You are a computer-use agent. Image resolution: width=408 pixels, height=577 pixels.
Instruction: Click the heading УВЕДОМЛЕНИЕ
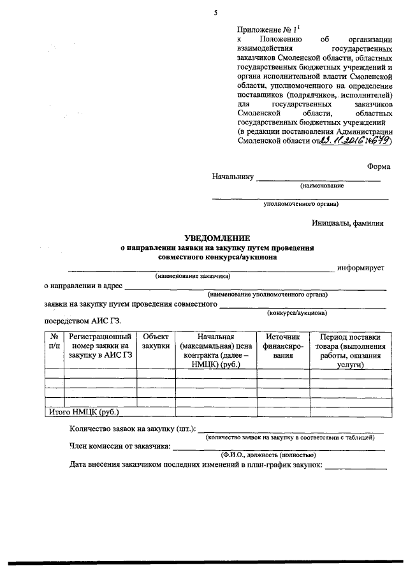click(218, 237)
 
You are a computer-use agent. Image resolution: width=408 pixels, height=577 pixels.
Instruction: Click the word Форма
click(379, 166)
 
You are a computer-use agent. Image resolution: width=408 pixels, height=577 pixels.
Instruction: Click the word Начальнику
click(233, 177)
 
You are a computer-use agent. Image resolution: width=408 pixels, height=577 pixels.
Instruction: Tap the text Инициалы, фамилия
click(348, 223)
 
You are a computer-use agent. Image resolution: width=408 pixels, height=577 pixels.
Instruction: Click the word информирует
click(361, 268)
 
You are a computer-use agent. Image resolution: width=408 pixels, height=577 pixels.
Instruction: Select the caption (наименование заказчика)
click(192, 277)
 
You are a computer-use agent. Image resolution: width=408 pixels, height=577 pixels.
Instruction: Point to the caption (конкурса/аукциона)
click(296, 313)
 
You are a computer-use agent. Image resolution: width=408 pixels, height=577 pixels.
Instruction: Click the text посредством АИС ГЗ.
click(82, 321)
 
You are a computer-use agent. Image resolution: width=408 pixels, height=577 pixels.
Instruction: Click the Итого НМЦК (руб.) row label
click(84, 412)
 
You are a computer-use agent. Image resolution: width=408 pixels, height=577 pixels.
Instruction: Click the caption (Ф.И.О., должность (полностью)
click(268, 455)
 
